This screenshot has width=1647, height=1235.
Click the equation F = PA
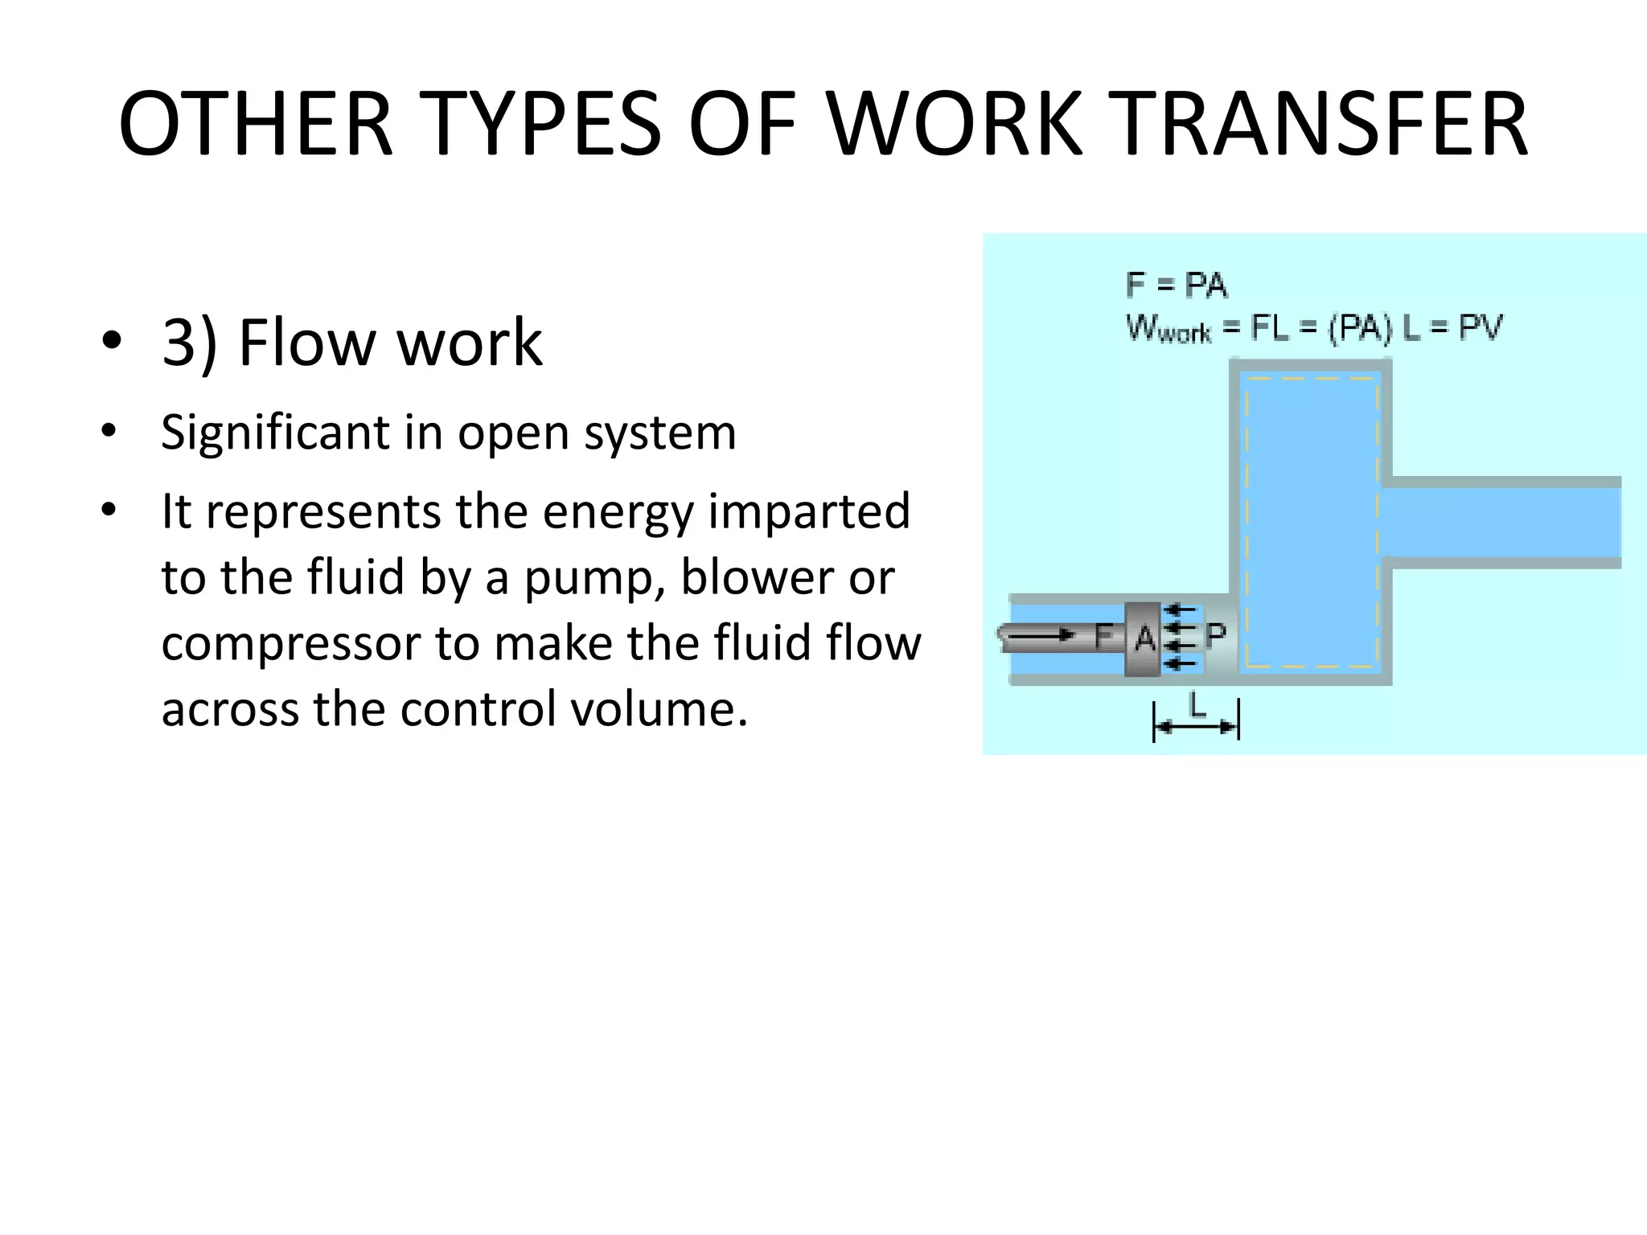(x=1177, y=285)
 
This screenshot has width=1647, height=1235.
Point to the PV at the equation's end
(x=1480, y=327)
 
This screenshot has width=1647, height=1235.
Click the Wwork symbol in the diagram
(x=1168, y=329)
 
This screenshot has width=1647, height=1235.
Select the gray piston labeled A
(x=1143, y=639)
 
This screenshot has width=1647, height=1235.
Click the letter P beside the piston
(x=1215, y=635)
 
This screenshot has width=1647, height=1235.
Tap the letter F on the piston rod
(x=1104, y=637)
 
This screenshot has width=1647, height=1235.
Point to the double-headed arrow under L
(x=1196, y=728)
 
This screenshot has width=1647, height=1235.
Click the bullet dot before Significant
(x=109, y=433)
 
